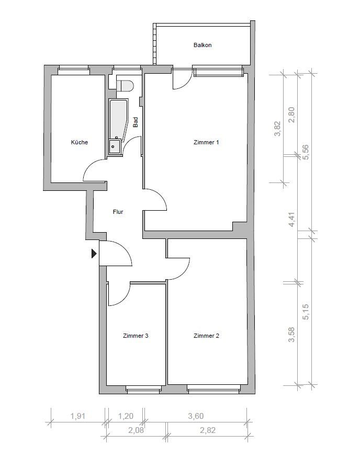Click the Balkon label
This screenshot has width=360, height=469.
(x=203, y=45)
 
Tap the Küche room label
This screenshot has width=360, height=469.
(x=80, y=142)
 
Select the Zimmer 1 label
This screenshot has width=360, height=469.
(x=206, y=142)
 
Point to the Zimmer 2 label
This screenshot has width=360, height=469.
(x=206, y=336)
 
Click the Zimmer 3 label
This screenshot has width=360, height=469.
(x=136, y=336)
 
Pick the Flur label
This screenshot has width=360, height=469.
(x=118, y=212)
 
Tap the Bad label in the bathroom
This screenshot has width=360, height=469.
(x=136, y=122)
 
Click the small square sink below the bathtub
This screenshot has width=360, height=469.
(x=115, y=146)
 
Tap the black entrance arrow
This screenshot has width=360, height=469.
(x=94, y=254)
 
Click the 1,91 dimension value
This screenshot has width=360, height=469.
(x=78, y=416)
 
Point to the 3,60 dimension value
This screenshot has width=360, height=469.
(x=196, y=416)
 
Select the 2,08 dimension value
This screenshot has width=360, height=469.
(x=136, y=430)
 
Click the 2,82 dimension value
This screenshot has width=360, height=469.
(x=207, y=430)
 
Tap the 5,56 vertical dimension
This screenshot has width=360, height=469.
(x=306, y=152)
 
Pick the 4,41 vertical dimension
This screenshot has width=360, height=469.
(x=292, y=219)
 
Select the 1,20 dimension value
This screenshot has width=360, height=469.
(x=125, y=416)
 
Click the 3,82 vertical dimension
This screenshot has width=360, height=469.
(x=277, y=128)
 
